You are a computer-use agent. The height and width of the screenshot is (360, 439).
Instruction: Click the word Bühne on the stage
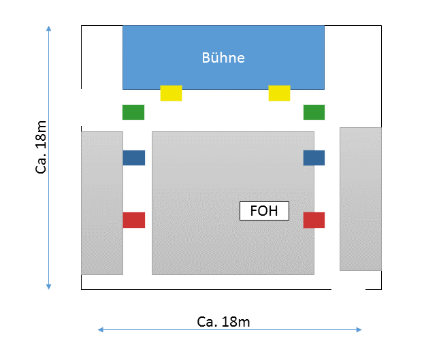(223, 58)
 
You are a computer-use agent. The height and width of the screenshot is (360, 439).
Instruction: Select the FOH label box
(264, 211)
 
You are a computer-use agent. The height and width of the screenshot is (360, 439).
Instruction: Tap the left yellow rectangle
(171, 93)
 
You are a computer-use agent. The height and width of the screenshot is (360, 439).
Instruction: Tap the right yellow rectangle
(280, 93)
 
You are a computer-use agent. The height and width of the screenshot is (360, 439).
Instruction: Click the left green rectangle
(133, 112)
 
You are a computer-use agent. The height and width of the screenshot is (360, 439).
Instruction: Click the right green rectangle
(314, 112)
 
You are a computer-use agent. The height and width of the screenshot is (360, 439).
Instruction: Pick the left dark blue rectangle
(134, 158)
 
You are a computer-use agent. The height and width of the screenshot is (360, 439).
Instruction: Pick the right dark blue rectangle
(314, 158)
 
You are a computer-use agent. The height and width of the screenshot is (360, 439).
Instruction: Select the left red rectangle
(134, 220)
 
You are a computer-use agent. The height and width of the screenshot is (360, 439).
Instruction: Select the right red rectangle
(314, 220)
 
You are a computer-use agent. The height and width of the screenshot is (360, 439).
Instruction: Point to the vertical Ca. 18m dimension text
(41, 147)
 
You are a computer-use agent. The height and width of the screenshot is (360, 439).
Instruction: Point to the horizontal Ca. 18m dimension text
(223, 322)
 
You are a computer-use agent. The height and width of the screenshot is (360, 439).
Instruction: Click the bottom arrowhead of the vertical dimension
(49, 287)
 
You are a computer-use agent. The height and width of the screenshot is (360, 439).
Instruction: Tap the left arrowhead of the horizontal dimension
(100, 330)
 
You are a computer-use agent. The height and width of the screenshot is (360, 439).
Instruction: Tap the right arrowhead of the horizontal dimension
(359, 330)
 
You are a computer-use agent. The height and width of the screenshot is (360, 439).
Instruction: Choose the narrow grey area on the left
(102, 203)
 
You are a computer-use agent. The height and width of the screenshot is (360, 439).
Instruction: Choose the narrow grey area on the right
(361, 199)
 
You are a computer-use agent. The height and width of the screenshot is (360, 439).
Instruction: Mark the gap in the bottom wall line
(348, 289)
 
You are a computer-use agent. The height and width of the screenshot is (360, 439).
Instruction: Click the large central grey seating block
(233, 203)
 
